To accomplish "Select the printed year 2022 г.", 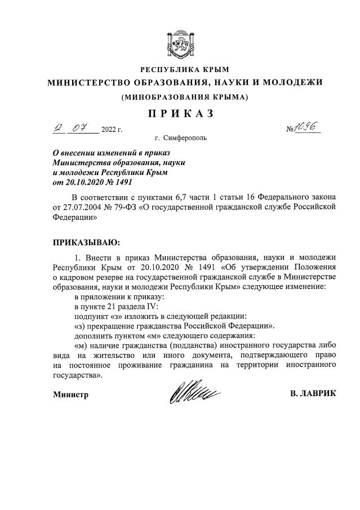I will point(112,130).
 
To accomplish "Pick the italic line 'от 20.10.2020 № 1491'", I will point(92,182).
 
